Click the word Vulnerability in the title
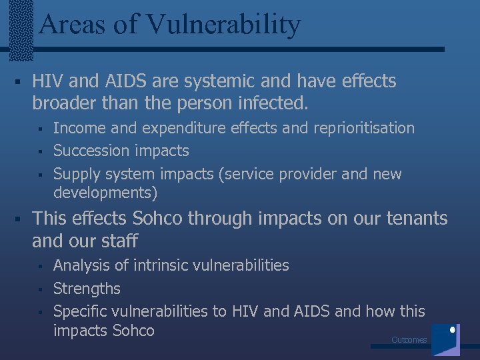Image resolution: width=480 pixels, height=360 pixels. click(223, 25)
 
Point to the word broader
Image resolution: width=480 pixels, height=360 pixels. click(65, 103)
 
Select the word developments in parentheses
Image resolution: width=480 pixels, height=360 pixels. click(104, 193)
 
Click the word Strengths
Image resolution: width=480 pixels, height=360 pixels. click(87, 289)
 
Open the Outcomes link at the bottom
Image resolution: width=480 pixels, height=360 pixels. click(409, 340)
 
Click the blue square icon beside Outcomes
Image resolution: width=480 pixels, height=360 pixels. click(445, 339)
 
